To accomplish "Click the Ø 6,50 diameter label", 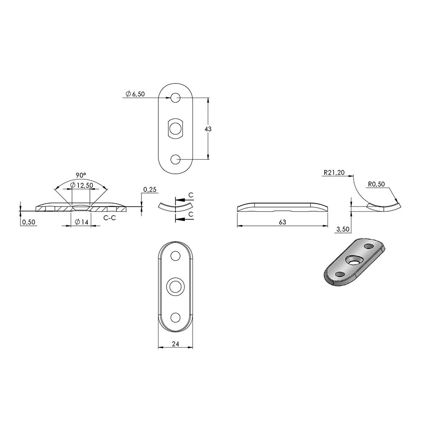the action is click(x=135, y=94).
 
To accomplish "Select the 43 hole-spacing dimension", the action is click(x=208, y=129).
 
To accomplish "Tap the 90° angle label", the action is click(x=81, y=175).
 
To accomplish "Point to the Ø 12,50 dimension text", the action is click(x=81, y=185).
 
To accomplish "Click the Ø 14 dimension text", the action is click(x=81, y=222).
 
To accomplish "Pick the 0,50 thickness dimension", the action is click(x=29, y=222).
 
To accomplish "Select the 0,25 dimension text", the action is click(x=150, y=190).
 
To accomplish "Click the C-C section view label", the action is click(x=110, y=218).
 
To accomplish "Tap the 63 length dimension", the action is click(x=282, y=222).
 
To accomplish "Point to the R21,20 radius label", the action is click(x=334, y=173).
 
